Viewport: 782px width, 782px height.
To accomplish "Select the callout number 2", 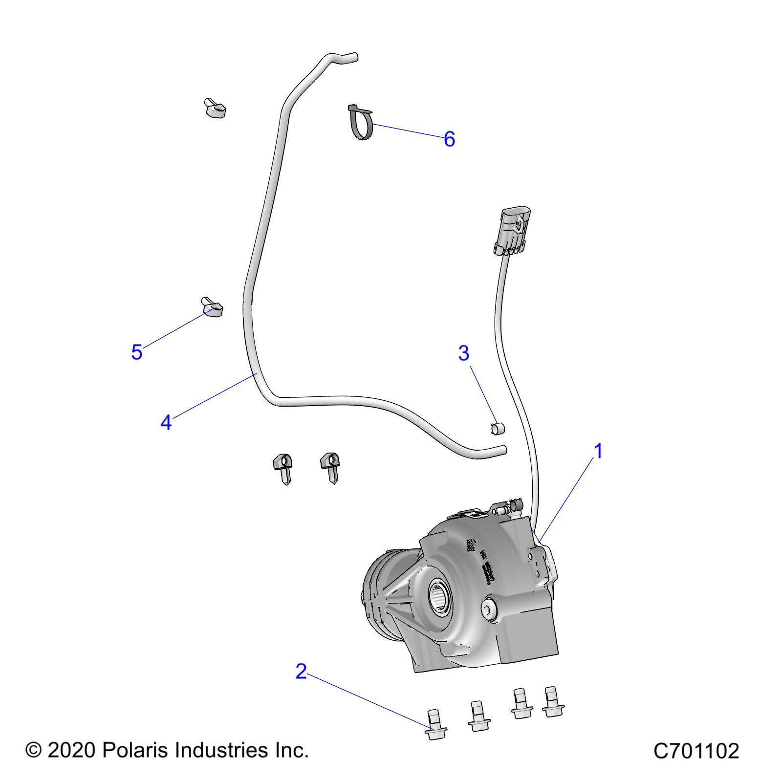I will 301,671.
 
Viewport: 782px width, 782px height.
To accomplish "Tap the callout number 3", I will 463,352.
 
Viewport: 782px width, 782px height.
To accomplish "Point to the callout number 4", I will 166,422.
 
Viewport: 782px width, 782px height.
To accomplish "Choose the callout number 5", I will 136,352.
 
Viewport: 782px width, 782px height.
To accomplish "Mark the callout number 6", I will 449,139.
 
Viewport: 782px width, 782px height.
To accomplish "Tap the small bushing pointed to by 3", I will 498,429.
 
